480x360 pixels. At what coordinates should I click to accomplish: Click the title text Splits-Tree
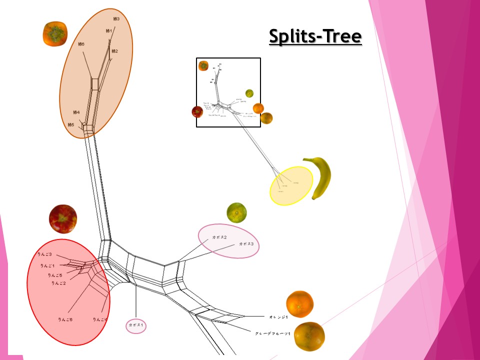click(315, 36)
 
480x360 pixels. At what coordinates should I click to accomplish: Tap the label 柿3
click(116, 19)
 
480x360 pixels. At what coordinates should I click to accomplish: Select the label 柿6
click(81, 44)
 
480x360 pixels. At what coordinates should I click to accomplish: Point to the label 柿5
click(70, 124)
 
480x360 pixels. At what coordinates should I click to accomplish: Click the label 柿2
click(114, 51)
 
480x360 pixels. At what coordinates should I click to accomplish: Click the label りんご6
click(65, 319)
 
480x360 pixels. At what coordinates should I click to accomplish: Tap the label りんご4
click(100, 319)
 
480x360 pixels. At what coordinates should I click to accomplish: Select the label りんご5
click(55, 275)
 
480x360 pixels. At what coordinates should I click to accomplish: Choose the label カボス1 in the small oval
click(135, 325)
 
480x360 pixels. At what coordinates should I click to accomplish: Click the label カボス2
click(219, 236)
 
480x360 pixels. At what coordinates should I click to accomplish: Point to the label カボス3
click(246, 244)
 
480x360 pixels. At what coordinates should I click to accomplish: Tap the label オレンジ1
click(279, 317)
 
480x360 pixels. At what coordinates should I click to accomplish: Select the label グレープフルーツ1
click(272, 333)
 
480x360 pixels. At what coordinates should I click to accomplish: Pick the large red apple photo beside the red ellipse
click(63, 218)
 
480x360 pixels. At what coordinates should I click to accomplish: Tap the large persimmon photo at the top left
click(54, 33)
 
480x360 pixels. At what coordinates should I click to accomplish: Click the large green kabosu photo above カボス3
click(236, 212)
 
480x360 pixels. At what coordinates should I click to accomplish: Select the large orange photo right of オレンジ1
click(299, 304)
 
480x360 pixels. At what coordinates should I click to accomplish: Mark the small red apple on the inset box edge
click(197, 111)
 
